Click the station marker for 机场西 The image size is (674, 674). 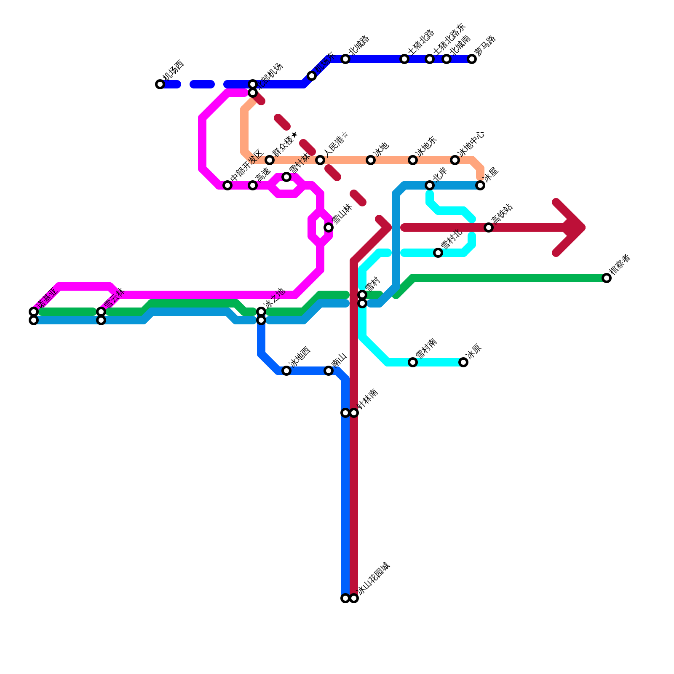pos(160,84)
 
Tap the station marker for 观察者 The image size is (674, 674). pos(607,278)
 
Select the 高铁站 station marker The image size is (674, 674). pos(489,227)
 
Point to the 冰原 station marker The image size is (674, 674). pos(463,362)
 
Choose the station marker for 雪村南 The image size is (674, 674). pos(413,362)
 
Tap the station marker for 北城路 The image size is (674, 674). pos(345,59)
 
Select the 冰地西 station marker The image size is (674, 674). pos(286,371)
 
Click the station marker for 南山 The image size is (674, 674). pos(329,371)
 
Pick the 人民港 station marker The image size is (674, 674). pos(320,160)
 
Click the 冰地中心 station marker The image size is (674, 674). pos(455,160)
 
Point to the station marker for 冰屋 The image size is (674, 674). pos(480,185)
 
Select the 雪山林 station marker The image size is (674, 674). pos(329,227)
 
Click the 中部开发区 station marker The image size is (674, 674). pos(227,185)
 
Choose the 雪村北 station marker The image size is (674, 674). pos(438,253)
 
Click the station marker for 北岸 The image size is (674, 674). pos(430,185)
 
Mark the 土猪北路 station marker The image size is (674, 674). pos(404,59)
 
